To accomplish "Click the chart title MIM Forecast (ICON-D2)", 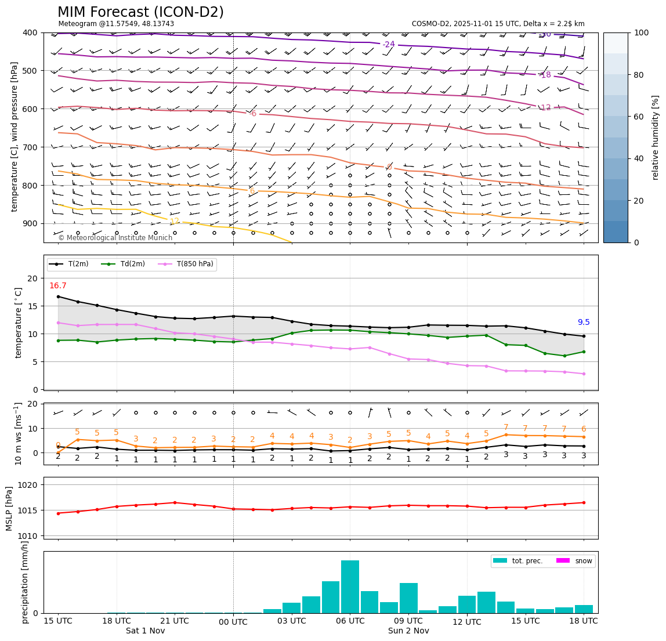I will (140, 12).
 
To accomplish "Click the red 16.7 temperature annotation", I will (57, 286).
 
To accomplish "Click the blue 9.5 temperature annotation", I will (584, 323).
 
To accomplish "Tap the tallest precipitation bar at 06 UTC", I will (350, 586).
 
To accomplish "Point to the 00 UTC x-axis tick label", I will (233, 622).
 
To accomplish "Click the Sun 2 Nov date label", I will (408, 631).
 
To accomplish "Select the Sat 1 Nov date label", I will (146, 631).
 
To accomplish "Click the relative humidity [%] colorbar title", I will (656, 137).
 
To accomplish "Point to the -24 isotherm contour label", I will (388, 45).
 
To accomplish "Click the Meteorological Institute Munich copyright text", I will (115, 238).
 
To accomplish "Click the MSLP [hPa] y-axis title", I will (9, 508).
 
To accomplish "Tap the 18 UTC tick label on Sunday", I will (584, 621).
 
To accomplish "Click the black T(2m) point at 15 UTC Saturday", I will (58, 296).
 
